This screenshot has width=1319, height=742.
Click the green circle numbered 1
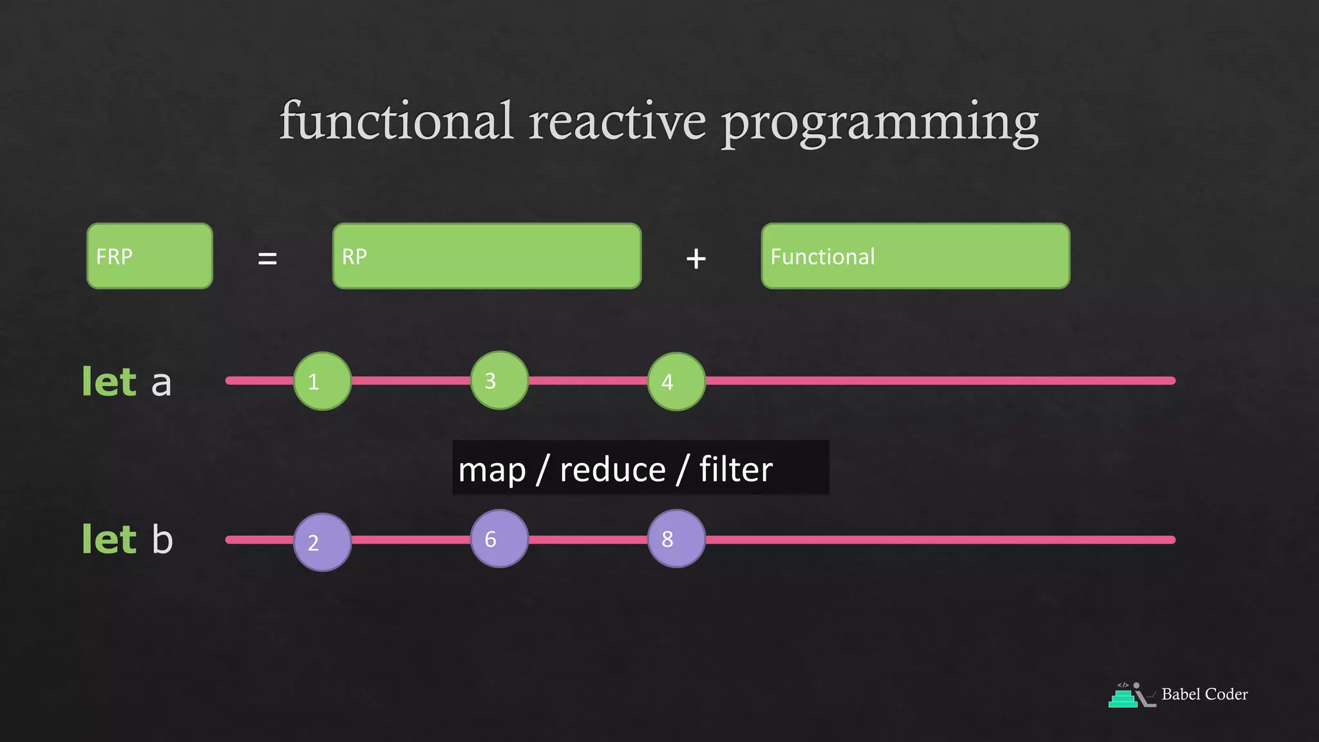pos(322,381)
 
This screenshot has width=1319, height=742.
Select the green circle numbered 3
pos(499,381)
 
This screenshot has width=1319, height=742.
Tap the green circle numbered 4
pos(676,381)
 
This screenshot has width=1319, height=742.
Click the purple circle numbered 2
pos(322,542)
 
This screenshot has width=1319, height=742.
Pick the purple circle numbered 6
pos(499,538)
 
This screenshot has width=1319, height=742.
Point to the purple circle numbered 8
pos(676,538)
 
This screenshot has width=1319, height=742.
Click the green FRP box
pos(149,256)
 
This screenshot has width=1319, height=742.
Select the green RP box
pos(487,256)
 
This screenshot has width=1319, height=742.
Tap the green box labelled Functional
pos(915,256)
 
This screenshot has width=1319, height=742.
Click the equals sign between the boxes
pos(267,259)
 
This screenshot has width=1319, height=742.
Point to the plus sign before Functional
pos(696,259)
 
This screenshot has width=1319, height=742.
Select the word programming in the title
pos(880,124)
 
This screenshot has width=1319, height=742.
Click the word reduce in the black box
pos(612,470)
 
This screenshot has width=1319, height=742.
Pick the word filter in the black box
pos(735,469)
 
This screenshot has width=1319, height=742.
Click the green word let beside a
pos(109,382)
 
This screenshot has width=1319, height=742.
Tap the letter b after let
pos(162,539)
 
